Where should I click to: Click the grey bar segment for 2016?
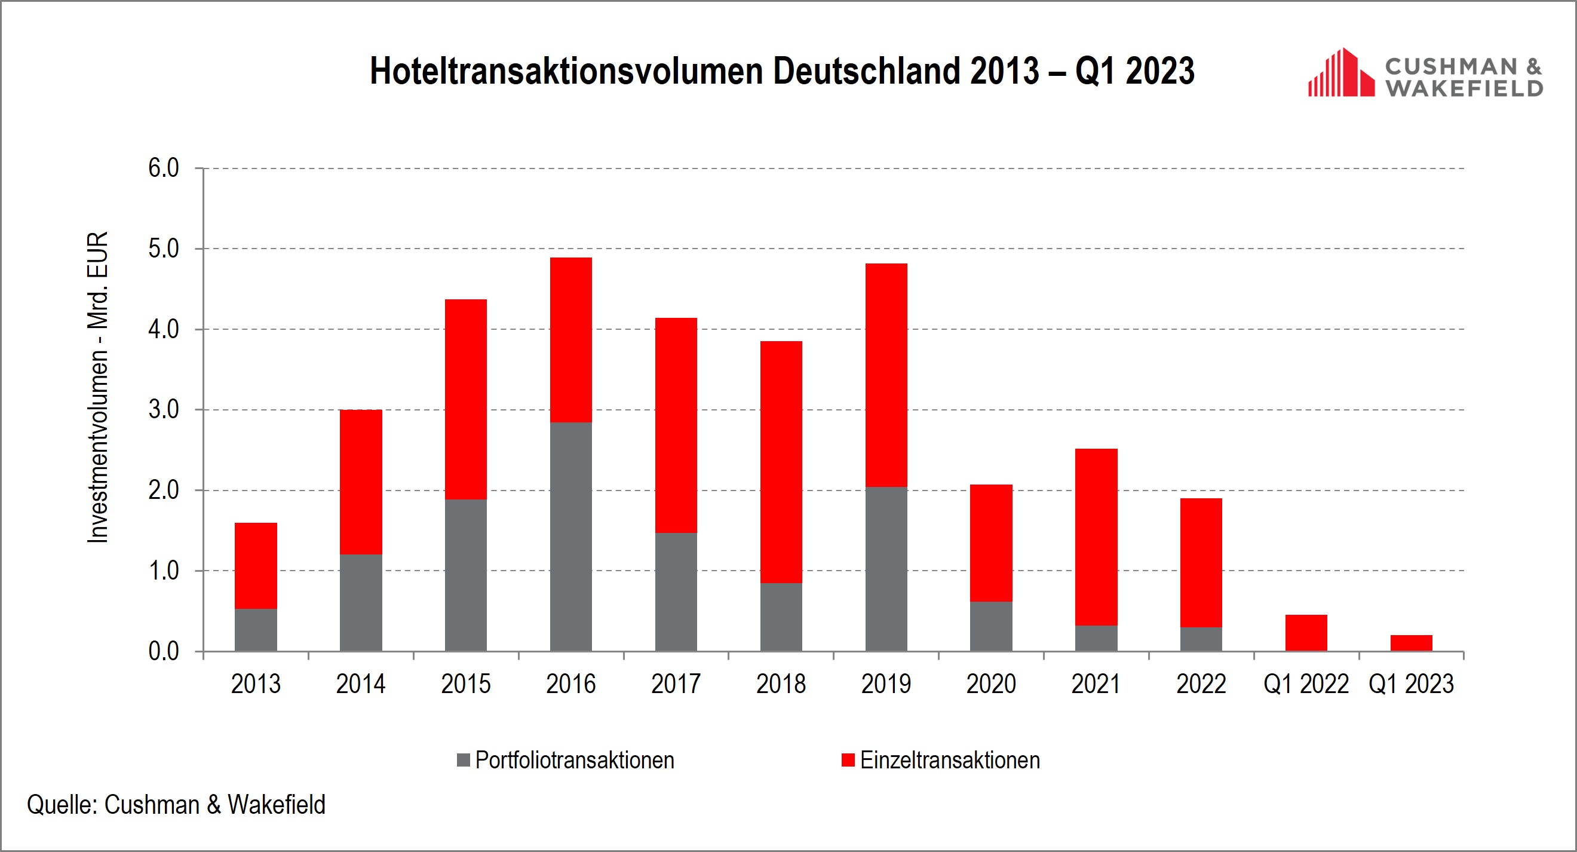click(570, 536)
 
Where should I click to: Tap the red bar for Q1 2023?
click(1411, 642)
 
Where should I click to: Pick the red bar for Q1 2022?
click(1306, 632)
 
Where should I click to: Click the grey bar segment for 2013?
click(256, 629)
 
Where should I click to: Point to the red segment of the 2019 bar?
click(886, 375)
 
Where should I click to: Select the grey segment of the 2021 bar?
click(1096, 638)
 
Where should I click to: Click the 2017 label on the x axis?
click(676, 684)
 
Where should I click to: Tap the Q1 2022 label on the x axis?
click(1306, 684)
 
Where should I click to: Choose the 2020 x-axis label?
click(990, 684)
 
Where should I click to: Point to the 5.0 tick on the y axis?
click(164, 249)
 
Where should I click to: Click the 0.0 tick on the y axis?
click(164, 651)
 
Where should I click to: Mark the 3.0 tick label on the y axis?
click(164, 410)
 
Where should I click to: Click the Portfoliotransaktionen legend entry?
click(574, 760)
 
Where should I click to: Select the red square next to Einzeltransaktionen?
click(848, 760)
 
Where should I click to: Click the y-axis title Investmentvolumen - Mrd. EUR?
click(98, 387)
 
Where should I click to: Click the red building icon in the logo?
click(1340, 73)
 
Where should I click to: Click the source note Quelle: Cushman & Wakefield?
click(176, 805)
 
